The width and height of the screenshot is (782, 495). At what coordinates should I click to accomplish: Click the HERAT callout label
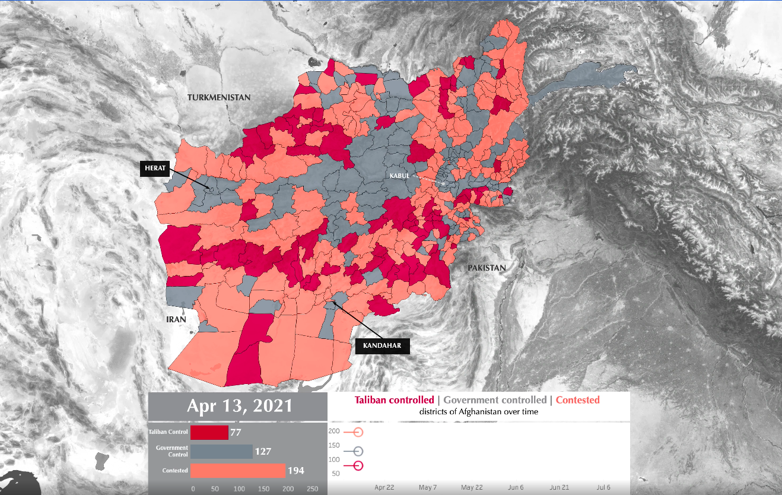pos(154,169)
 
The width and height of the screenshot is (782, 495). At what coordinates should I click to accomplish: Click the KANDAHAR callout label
pos(382,345)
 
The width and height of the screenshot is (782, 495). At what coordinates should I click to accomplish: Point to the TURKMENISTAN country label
pos(219,97)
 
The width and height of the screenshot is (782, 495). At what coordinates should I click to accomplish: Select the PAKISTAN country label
pos(487,268)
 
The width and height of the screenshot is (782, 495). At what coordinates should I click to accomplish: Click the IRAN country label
pos(176,319)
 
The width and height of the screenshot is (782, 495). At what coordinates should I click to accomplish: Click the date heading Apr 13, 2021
pos(239,406)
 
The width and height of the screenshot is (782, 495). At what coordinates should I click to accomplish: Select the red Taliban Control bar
pos(209,433)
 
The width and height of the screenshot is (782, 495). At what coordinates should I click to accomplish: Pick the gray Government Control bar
pos(221,452)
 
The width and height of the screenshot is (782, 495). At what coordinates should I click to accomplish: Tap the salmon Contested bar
pos(238,471)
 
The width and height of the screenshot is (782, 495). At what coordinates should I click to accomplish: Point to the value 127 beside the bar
pos(263,452)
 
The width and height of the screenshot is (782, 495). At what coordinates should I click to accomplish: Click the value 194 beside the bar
pos(296,471)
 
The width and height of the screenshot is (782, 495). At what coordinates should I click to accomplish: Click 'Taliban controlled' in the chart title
pos(394,400)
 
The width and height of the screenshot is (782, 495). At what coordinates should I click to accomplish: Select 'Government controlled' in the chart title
pos(495,400)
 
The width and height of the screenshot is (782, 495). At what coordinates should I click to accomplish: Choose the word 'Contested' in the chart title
pos(577,400)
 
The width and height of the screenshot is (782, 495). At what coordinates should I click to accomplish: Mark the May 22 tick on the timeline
pos(472,487)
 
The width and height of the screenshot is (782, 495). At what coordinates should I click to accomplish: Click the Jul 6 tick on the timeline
pos(604,487)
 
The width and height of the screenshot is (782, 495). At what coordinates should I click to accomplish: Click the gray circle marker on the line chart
pos(358,451)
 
